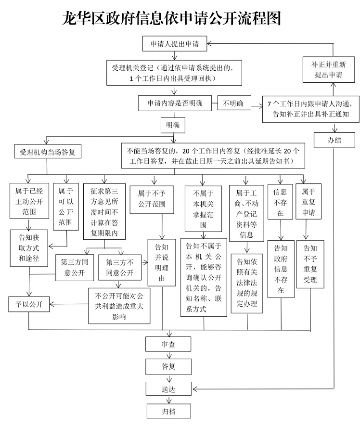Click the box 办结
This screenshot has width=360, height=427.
334,141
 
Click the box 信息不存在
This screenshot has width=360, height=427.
280,202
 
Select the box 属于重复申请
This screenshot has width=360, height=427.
308,202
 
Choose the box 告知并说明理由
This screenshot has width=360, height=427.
162,262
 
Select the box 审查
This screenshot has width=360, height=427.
168,344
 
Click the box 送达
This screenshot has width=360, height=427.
168,388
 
